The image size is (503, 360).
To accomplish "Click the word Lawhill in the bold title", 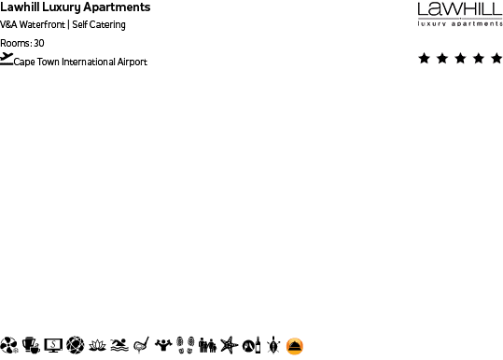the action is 20,7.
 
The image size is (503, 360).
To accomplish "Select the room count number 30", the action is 39,43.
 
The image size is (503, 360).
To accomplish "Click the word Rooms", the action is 15,43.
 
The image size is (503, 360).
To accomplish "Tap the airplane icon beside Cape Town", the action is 7,59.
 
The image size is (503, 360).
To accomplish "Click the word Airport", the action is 131,62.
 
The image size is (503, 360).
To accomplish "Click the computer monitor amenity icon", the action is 53,345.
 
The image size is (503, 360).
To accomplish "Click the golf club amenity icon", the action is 142,345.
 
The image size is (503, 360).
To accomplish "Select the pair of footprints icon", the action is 185,345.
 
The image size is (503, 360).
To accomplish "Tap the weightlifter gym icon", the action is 163,345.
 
